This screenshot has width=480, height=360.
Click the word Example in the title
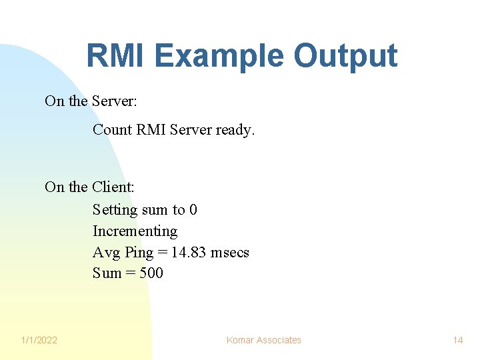pos(215,56)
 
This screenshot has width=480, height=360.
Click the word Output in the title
pos(345,56)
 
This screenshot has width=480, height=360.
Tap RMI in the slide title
pos(110,56)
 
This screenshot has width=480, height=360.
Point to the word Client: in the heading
pos(113,187)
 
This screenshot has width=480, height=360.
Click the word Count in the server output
pos(112,129)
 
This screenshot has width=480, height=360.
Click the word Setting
pos(115,210)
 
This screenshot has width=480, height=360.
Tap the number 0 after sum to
pos(193,210)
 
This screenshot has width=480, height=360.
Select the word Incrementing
pos(135,231)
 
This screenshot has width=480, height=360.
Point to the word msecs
pos(229,252)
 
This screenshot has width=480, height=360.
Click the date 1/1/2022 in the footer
pos(39,340)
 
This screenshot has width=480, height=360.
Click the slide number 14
pos(458,340)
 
